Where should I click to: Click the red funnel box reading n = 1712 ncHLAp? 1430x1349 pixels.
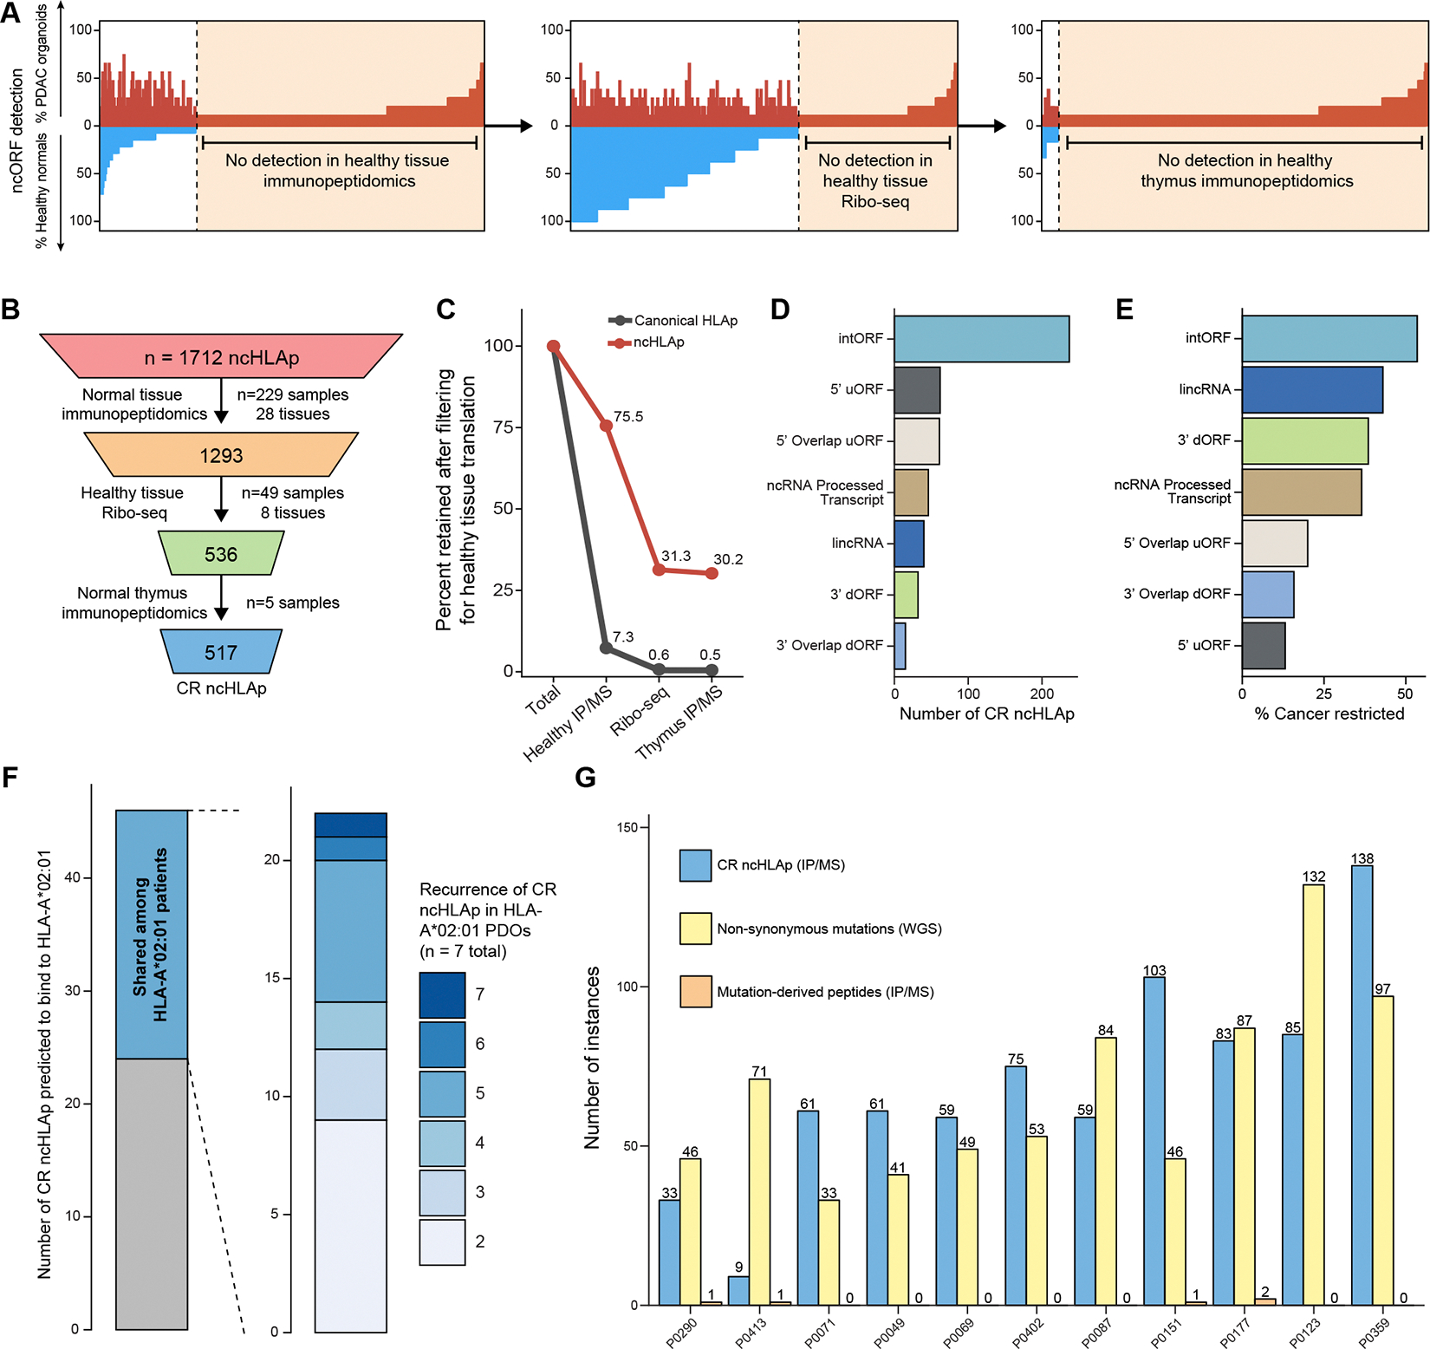coord(221,356)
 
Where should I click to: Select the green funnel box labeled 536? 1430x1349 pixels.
coord(221,554)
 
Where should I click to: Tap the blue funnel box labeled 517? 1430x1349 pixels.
coord(221,652)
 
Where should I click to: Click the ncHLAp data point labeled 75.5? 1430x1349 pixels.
coord(607,426)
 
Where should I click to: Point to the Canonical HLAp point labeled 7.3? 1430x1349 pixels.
coord(607,648)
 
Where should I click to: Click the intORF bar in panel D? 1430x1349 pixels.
coord(981,338)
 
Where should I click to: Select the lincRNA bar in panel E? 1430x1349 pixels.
coord(1312,389)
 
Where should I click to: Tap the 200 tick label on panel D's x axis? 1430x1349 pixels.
coord(1042,694)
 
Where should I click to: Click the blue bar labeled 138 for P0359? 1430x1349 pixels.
coord(1362,1084)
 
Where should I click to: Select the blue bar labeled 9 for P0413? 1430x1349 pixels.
coord(738,1290)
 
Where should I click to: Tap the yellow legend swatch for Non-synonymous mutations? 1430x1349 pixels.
coord(696,929)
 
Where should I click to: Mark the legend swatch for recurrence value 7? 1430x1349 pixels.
coord(442,994)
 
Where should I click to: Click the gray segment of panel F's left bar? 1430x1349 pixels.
coord(152,1194)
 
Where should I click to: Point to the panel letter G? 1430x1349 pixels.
coord(586,777)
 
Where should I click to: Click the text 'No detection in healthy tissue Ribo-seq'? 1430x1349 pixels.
coord(874,180)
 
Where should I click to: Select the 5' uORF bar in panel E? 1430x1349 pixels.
coord(1263,645)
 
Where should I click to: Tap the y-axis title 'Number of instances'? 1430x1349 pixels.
coord(593,1058)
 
